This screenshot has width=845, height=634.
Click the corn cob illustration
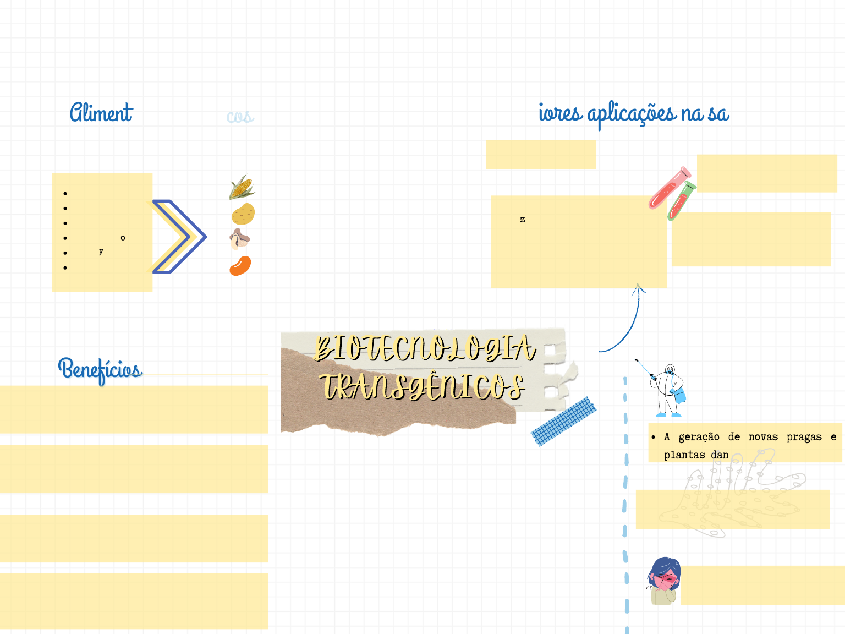point(242,188)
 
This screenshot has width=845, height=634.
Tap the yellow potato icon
point(243,214)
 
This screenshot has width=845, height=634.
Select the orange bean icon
point(240,266)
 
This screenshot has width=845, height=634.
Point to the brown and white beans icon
point(239,239)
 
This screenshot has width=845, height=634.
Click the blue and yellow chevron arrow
point(179,237)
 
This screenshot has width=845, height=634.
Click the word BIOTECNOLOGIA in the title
point(425,348)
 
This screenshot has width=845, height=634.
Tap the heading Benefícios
point(100,369)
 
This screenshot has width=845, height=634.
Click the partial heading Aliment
point(101,113)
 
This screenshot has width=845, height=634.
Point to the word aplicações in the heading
point(632,114)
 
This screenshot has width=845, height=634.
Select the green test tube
point(682,201)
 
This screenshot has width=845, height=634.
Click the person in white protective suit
point(668,390)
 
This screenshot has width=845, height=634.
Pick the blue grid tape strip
point(564,422)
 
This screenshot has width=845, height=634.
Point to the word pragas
point(804,437)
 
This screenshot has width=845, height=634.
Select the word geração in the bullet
point(699,437)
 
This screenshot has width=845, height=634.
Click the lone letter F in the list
point(101,253)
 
